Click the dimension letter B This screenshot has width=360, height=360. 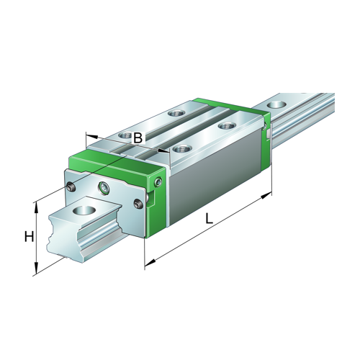coord(138,137)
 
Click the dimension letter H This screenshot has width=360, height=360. coord(29,237)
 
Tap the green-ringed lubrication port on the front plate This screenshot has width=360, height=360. coord(106,189)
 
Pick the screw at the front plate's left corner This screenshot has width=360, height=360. coord(71,188)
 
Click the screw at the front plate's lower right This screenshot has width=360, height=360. coord(138,208)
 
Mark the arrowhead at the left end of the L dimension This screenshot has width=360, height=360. coord(147,266)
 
